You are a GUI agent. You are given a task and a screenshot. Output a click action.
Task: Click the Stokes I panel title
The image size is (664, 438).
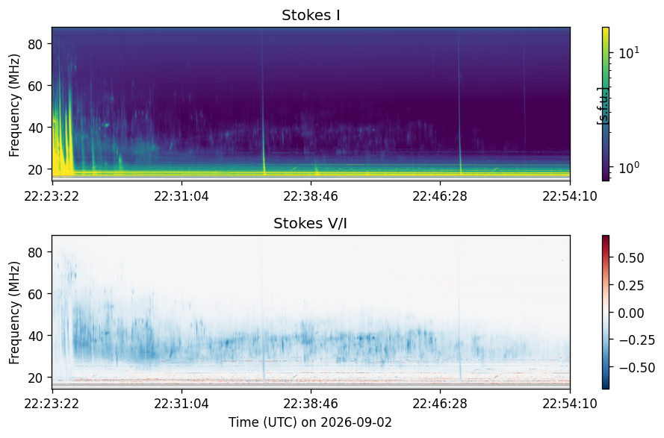(311, 15)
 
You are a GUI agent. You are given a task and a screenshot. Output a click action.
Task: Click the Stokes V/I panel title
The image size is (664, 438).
(311, 223)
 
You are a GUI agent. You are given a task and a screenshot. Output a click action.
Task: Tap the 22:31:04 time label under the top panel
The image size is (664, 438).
(181, 196)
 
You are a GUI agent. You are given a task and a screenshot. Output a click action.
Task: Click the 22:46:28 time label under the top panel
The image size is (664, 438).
(440, 196)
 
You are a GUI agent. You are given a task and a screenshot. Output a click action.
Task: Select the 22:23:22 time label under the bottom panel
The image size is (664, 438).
(52, 404)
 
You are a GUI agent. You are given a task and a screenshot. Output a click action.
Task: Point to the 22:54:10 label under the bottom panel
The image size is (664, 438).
(570, 404)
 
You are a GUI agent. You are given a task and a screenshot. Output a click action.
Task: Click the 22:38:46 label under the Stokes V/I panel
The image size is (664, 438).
(311, 404)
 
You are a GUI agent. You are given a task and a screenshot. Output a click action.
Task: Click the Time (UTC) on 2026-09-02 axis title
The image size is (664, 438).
(311, 422)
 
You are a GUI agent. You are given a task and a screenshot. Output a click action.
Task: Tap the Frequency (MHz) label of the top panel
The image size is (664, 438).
(14, 105)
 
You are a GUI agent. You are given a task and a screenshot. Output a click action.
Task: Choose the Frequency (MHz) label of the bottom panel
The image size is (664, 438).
(14, 313)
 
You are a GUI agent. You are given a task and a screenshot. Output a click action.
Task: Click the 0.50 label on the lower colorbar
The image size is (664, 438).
(631, 258)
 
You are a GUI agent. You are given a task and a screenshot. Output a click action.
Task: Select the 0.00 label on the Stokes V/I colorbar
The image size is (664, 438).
(631, 313)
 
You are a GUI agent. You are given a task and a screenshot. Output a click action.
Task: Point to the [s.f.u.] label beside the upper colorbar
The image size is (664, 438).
(602, 106)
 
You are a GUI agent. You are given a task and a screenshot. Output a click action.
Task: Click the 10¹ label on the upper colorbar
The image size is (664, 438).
(630, 53)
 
